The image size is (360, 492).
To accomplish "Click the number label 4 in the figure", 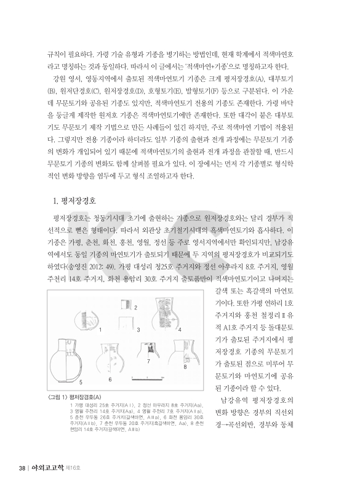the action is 180,330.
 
